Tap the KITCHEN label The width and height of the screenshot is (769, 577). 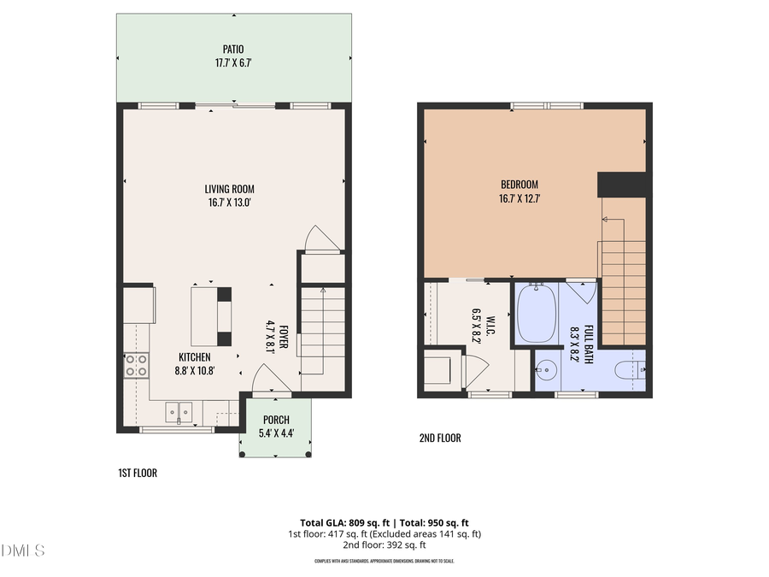tap(195, 357)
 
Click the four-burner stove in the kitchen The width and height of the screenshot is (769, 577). tap(135, 366)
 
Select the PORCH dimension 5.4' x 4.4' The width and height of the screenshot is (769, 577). tap(276, 433)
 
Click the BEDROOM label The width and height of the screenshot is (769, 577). tap(520, 185)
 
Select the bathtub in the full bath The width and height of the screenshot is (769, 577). tap(537, 313)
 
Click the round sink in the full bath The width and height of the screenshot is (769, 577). tap(548, 371)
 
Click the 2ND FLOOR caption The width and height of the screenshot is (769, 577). tap(439, 439)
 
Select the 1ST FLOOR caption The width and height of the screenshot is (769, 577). tap(138, 473)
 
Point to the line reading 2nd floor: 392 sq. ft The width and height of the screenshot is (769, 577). tap(384, 545)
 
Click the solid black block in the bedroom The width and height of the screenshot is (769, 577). tap(621, 185)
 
